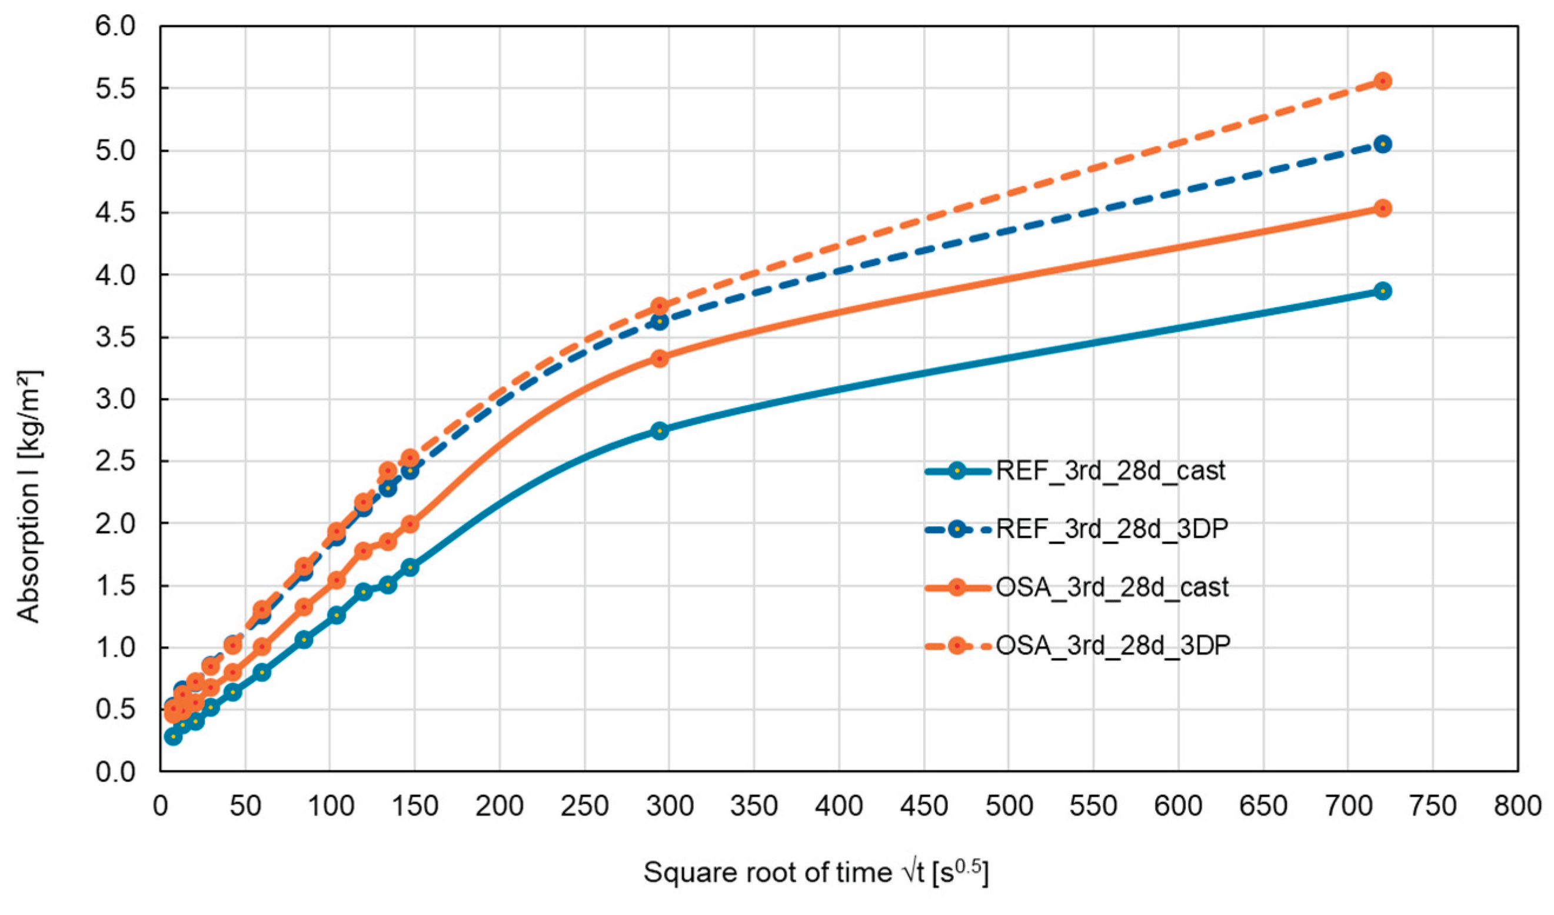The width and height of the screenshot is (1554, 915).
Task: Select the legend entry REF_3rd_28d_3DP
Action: (x=1077, y=529)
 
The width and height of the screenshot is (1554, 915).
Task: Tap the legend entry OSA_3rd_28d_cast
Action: (x=1077, y=587)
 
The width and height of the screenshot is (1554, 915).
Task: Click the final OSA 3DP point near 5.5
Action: (x=1383, y=81)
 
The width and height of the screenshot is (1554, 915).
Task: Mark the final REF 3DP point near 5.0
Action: (x=1383, y=144)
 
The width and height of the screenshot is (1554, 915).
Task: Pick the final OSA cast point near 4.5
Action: (x=1383, y=208)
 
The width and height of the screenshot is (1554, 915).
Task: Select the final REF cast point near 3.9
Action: (x=1383, y=291)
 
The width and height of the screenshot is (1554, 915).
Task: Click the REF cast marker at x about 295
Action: (x=660, y=430)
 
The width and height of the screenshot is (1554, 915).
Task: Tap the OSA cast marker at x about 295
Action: (x=660, y=358)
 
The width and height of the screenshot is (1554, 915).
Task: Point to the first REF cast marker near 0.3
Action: (x=173, y=736)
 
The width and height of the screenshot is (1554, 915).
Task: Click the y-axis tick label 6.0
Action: (x=115, y=26)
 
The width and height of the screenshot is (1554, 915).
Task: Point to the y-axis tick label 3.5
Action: (x=115, y=337)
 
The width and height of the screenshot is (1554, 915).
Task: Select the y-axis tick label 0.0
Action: (x=115, y=771)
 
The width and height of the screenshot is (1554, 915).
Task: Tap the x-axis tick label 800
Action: (x=1517, y=806)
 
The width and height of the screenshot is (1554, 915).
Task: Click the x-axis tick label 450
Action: (x=924, y=806)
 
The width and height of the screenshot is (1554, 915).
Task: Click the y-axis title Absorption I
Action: (x=28, y=497)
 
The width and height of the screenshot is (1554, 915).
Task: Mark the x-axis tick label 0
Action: (x=160, y=806)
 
